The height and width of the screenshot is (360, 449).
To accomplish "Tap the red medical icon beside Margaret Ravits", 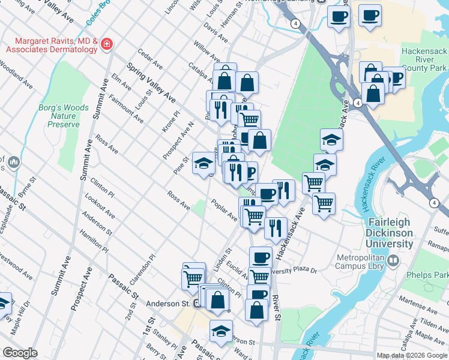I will [x=107, y=44].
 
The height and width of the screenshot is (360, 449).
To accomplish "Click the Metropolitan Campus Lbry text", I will [x=352, y=260].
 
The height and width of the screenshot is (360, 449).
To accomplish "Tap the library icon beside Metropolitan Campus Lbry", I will [x=393, y=260].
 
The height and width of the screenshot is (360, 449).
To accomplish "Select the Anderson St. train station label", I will [x=169, y=304].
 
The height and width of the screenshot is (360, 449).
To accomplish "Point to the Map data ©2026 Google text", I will [x=411, y=355].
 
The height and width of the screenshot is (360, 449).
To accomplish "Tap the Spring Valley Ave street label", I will [x=151, y=81].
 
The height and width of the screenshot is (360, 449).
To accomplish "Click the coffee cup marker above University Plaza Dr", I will [x=261, y=257].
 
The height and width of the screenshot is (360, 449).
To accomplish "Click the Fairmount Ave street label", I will [x=126, y=109].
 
